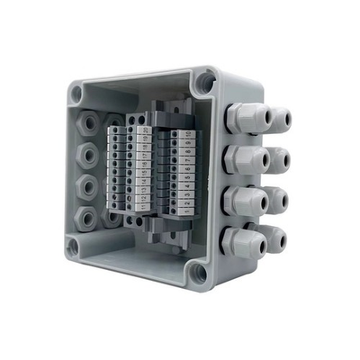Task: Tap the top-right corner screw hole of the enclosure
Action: click(x=207, y=83)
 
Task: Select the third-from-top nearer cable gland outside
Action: click(x=241, y=200)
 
